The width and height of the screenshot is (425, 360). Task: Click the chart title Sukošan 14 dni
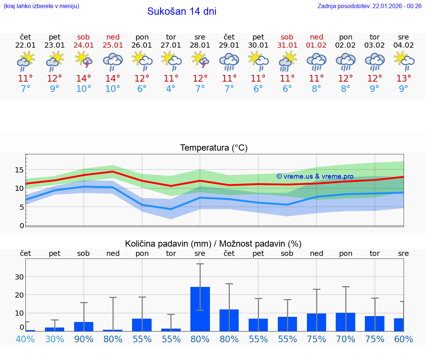182,11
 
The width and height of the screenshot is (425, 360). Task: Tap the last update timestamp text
369,6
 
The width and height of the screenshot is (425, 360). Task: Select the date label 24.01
84,45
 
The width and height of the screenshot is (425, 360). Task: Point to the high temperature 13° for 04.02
404,78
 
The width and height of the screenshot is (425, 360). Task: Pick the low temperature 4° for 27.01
171,89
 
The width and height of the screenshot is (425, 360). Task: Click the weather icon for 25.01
113,61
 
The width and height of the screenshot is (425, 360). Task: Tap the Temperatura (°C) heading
214,148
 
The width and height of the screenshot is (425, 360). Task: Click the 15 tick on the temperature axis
19,170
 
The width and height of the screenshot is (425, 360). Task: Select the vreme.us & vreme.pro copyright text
315,176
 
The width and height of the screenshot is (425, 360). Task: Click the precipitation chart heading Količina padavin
213,244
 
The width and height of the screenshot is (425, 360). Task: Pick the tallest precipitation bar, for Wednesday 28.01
200,309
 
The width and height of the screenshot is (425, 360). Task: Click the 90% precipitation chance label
84,339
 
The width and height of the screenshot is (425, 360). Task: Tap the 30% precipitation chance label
55,339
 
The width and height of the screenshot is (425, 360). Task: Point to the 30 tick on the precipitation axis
19,277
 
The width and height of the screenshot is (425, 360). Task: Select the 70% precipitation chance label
346,339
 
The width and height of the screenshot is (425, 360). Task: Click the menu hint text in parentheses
41,6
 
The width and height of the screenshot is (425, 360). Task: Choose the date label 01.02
316,45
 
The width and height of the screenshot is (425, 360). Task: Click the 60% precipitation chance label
404,339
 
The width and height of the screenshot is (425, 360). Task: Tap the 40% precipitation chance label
25,339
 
